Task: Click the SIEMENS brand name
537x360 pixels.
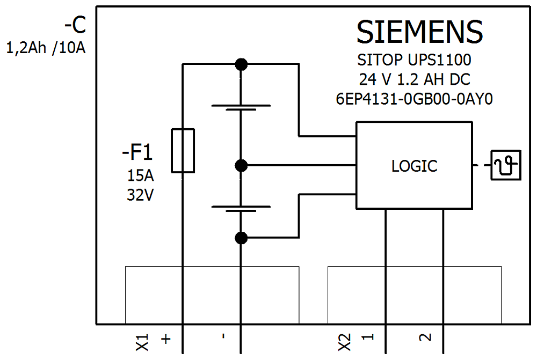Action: click(419, 32)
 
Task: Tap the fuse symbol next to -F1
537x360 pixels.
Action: click(183, 151)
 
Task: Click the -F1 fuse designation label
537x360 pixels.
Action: click(137, 152)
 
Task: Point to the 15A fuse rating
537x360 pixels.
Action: click(140, 175)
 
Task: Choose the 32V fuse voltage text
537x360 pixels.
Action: click(140, 195)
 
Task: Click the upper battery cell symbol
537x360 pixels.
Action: click(241, 107)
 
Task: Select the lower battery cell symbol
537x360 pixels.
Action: click(241, 208)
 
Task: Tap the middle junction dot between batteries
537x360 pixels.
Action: click(241, 166)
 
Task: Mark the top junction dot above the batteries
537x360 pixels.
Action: click(241, 64)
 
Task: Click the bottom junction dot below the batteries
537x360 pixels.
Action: click(241, 238)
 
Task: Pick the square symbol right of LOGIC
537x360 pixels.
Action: click(506, 165)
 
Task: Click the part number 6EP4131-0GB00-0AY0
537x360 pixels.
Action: click(415, 99)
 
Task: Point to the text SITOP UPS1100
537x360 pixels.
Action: click(415, 60)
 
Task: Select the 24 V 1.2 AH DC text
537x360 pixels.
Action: click(415, 79)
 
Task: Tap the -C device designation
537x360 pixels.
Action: click(75, 25)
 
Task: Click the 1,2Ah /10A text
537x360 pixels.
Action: click(46, 48)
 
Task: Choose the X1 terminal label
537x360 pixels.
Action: click(142, 342)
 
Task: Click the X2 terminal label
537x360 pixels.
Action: click(345, 342)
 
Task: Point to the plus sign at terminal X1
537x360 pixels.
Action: click(166, 340)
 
